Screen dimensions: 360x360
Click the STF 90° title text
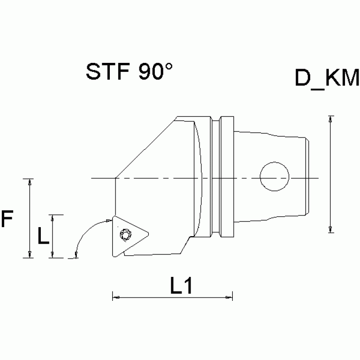coord(129,72)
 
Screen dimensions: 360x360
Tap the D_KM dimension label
coord(327,79)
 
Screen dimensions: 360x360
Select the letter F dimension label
coord(7,220)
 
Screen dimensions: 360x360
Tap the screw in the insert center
coord(125,233)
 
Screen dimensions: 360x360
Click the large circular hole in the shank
coord(275,176)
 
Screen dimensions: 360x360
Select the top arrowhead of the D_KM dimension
coord(331,119)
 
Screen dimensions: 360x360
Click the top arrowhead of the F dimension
coord(31,182)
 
